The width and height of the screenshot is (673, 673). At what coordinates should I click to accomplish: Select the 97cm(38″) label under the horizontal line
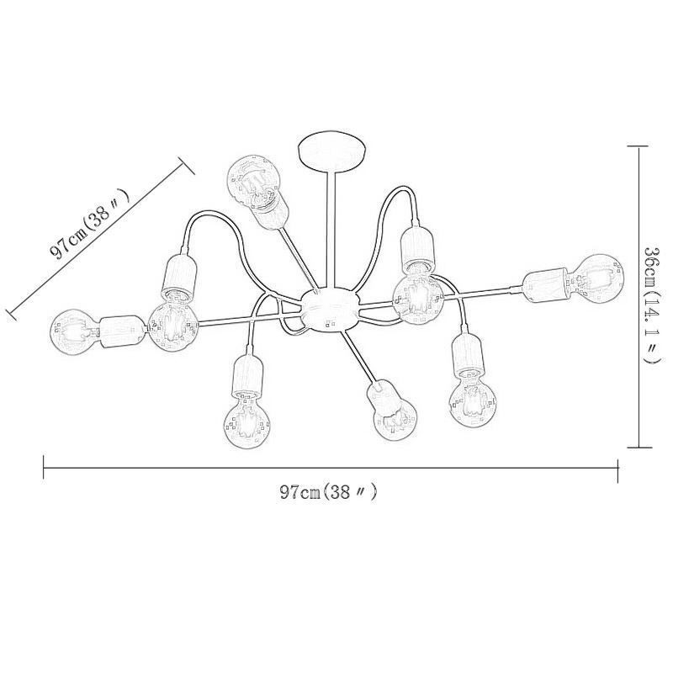point(328,492)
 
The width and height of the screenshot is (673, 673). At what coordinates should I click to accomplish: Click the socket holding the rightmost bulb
point(549,281)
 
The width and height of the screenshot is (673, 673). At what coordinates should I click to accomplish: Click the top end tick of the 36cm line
point(637,145)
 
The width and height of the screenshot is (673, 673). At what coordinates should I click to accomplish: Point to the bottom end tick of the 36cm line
point(637,448)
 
